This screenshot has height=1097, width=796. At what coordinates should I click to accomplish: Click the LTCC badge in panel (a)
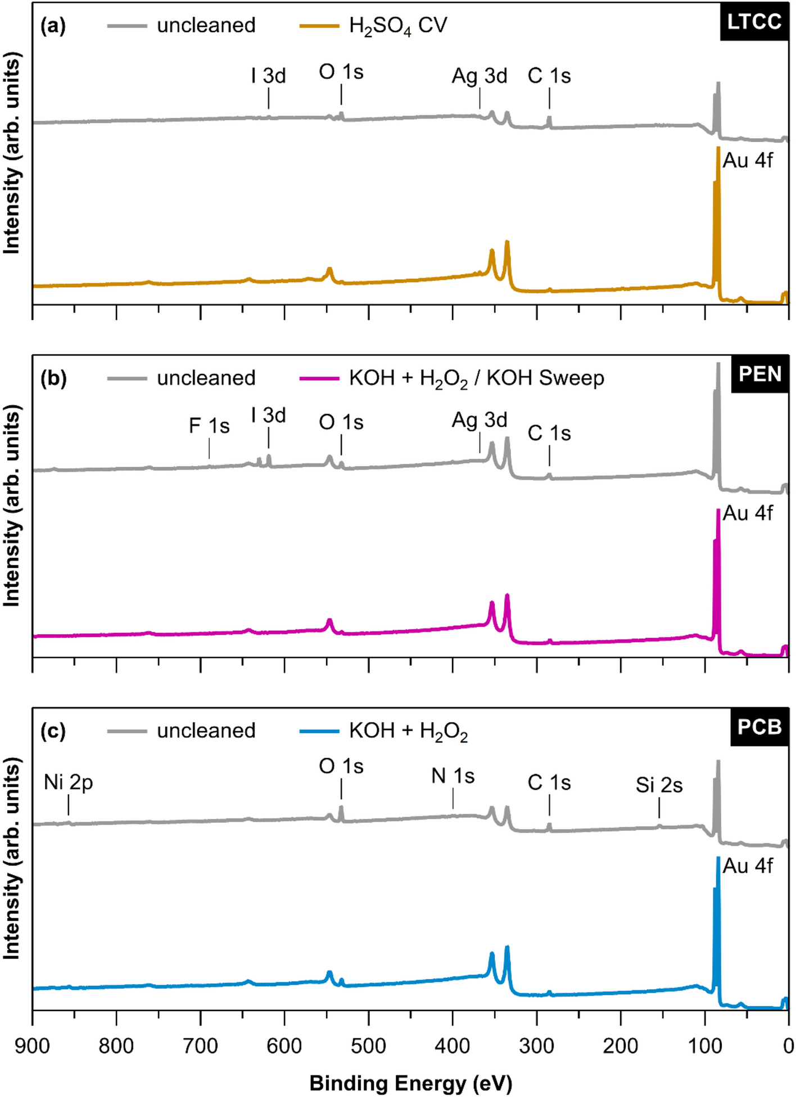[x=754, y=22]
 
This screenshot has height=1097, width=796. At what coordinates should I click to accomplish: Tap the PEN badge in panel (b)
[x=759, y=374]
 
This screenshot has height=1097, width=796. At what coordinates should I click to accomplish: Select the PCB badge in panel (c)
[x=759, y=727]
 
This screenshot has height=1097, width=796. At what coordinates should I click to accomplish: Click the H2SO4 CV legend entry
[x=397, y=26]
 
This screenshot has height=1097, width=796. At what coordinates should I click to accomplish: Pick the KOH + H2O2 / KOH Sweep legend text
[x=476, y=379]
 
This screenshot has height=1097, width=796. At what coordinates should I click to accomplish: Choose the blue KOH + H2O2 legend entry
[x=408, y=731]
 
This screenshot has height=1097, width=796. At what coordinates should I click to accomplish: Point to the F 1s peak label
[x=209, y=426]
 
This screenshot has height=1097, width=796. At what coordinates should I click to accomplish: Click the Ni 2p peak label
[x=68, y=782]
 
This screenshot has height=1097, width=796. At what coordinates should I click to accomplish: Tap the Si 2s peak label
[x=659, y=785]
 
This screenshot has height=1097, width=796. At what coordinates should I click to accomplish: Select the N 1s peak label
[x=453, y=776]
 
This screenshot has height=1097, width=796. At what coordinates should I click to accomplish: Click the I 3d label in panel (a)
[x=268, y=76]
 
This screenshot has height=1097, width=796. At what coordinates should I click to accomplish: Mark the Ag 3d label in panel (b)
[x=480, y=420]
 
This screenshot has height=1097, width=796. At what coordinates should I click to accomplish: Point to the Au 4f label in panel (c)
[x=748, y=866]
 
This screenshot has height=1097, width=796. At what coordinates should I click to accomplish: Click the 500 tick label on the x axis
[x=368, y=1046]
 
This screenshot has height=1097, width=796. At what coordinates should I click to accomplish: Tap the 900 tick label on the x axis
[x=33, y=1046]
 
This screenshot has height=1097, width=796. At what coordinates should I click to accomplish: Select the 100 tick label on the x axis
[x=704, y=1046]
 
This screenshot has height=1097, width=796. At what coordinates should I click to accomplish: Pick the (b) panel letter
[x=53, y=378]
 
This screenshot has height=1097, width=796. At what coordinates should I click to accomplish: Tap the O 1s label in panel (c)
[x=341, y=766]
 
